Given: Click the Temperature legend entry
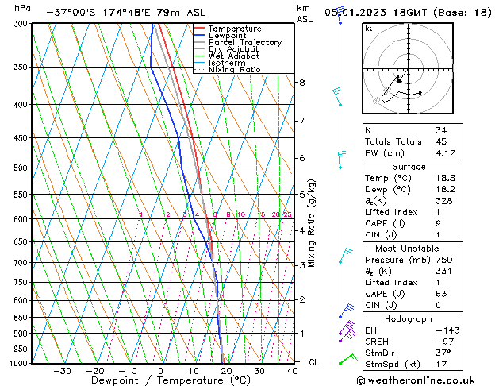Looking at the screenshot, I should pyautogui.click(x=234, y=29).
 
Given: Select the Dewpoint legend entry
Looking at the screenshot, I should pyautogui.click(x=229, y=36).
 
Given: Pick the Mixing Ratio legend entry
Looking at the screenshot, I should pyautogui.click(x=234, y=70).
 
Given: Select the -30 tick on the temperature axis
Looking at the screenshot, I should pyautogui.click(x=62, y=371).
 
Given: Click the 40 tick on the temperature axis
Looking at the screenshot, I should pyautogui.click(x=293, y=371).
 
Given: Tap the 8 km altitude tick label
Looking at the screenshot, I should pyautogui.click(x=301, y=83).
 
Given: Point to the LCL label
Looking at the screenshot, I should pyautogui.click(x=312, y=362).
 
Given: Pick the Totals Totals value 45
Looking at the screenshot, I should pyautogui.click(x=441, y=141).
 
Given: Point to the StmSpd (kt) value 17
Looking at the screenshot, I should pyautogui.click(x=441, y=365).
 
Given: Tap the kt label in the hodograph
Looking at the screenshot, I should pyautogui.click(x=369, y=29).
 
